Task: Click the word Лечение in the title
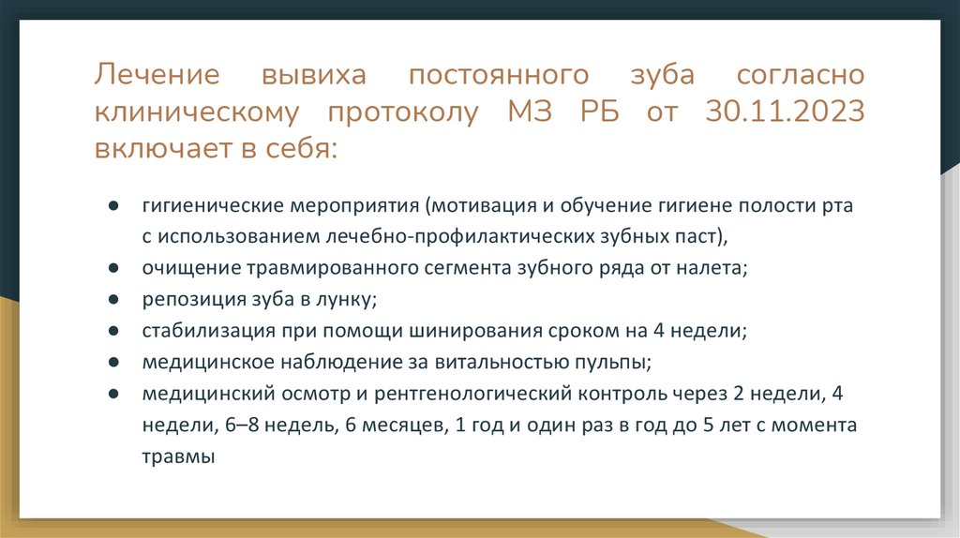[x=157, y=75]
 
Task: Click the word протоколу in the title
[x=403, y=112]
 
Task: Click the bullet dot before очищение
[x=112, y=267]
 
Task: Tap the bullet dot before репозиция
[x=112, y=299]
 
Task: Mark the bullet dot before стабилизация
[x=112, y=331]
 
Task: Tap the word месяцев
[x=402, y=426]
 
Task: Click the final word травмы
[x=179, y=457]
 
